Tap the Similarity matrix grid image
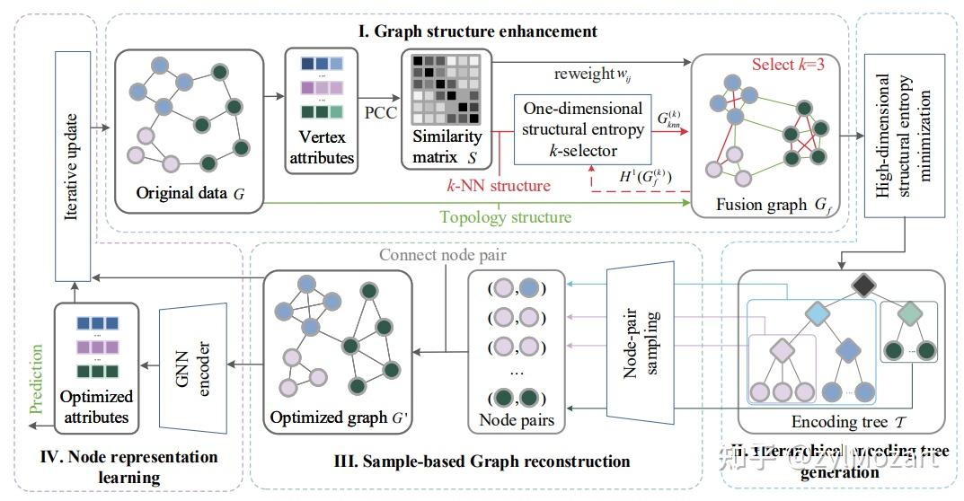441,90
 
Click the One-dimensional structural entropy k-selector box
583,130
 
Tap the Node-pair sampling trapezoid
644,344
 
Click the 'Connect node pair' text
438,256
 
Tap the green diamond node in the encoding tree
910,314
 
